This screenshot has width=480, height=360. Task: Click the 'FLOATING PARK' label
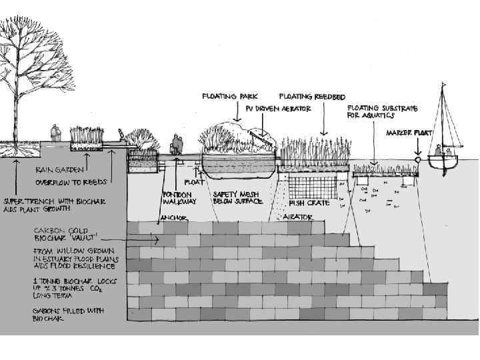pos(229,97)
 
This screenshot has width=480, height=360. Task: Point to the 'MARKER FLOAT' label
pos(409,133)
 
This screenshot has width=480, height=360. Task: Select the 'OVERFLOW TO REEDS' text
pos(71,181)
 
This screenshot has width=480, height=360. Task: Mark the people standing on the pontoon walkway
pos(177,145)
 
